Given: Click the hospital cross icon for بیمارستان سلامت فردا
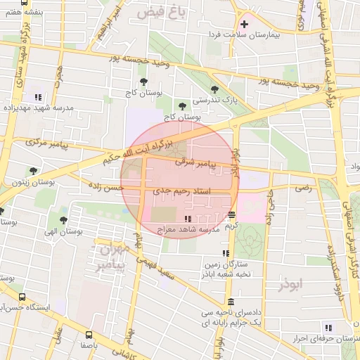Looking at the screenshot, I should (244, 25).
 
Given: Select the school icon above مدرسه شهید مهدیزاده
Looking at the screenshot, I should (38, 97).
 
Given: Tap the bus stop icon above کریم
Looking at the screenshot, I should (231, 215).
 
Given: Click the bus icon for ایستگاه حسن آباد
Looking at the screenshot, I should (22, 297).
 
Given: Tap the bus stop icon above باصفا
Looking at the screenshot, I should (89, 335).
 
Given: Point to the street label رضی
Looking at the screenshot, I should (303, 188).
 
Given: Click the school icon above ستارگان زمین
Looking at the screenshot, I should (225, 253).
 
